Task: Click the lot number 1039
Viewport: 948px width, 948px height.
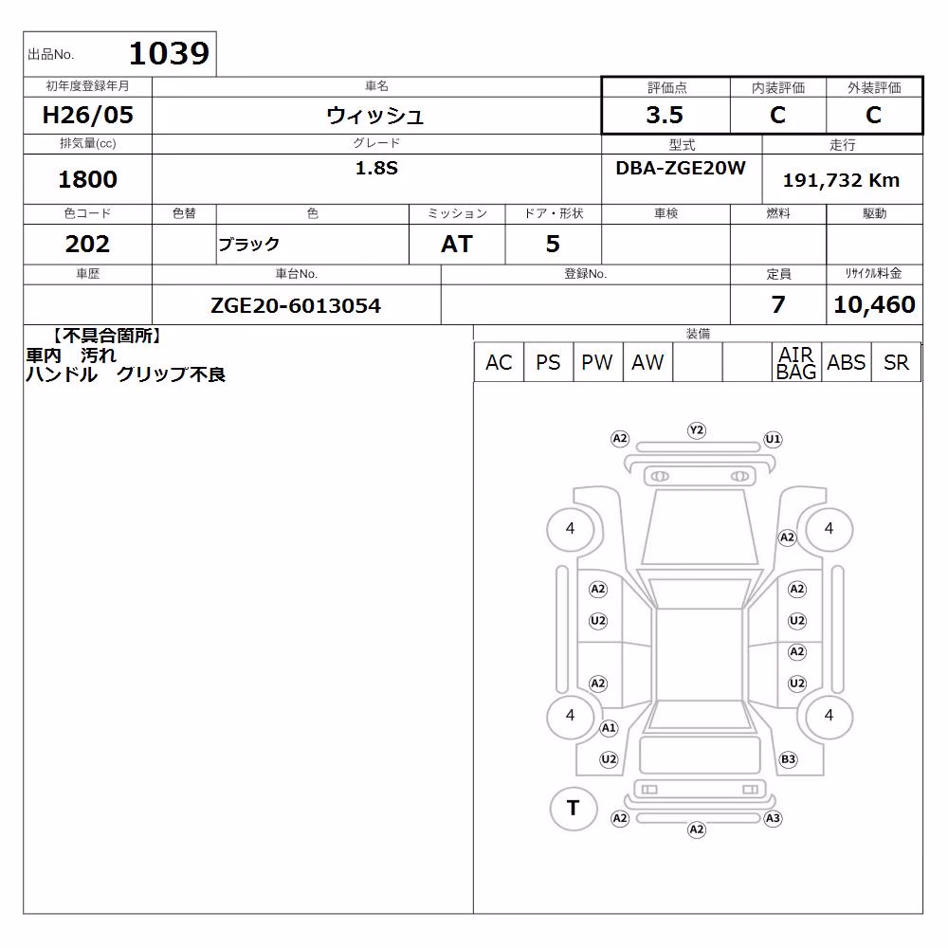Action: coord(170,53)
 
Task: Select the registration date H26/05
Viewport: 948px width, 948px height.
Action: coord(87,115)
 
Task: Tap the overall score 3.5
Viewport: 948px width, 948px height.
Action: coord(665,115)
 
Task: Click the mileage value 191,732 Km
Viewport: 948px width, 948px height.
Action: coord(841,180)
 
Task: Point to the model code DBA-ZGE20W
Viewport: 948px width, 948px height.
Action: coord(681,168)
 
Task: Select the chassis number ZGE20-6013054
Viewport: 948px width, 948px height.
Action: coord(296,305)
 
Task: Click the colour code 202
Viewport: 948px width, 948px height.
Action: coord(87,244)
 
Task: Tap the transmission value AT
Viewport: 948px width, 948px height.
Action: coord(457,244)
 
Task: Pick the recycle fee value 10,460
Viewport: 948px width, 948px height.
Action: coord(874,304)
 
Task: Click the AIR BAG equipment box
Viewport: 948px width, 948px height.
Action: coord(796,362)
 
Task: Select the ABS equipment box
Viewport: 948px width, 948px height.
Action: coord(847,362)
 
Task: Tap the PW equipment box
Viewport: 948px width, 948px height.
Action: coord(597,362)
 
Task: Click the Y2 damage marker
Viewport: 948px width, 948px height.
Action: coord(697,429)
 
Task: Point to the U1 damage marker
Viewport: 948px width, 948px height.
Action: coord(773,439)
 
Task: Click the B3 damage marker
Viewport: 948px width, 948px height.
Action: coord(789,759)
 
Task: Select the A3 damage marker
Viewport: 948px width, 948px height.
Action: coord(773,819)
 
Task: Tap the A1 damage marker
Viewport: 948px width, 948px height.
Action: coord(609,728)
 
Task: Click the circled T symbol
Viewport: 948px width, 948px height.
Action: coord(574,808)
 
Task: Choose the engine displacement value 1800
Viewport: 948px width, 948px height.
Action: coord(87,179)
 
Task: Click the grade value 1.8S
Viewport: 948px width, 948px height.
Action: coord(376,168)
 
